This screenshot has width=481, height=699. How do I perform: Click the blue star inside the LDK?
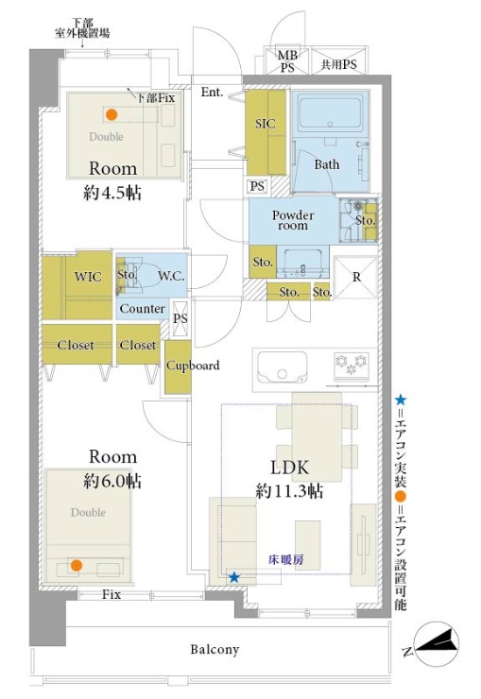point(234,578)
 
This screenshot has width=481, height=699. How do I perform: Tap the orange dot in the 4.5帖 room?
point(112,114)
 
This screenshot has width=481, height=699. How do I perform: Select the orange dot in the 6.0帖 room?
point(77,565)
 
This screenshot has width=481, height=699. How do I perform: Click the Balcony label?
point(215,649)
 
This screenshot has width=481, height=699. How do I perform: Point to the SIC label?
point(266,124)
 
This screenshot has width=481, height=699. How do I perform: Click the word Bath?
point(327,164)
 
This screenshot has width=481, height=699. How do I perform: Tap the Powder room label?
point(293,220)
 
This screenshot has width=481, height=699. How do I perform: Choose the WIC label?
point(88,277)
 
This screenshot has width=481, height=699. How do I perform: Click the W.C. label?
point(171,277)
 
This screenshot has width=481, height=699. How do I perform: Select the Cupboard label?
point(193,366)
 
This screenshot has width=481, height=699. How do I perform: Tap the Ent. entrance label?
point(212,92)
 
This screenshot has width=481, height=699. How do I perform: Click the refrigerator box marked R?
point(355,278)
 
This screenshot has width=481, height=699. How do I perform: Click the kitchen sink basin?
point(283,367)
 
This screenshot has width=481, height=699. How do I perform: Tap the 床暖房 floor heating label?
point(286,559)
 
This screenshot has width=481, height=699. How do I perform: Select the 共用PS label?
point(339,64)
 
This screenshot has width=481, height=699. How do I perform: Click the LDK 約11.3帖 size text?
point(289,491)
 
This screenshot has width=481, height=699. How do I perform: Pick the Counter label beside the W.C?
point(142,309)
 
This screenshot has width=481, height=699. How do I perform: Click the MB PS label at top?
point(287,61)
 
